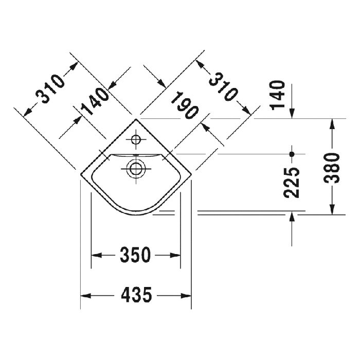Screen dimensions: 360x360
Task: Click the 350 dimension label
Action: tap(136, 255)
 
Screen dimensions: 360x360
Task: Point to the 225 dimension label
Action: tap(292, 183)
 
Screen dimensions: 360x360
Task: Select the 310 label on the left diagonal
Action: tap(50, 88)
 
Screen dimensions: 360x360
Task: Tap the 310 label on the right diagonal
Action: tap(223, 85)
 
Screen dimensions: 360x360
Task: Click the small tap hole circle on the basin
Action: tap(136, 139)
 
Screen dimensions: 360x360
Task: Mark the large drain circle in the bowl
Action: tap(136, 168)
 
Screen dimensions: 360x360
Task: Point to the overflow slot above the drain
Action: tap(136, 155)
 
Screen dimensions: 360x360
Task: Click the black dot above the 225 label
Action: tap(292, 154)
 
